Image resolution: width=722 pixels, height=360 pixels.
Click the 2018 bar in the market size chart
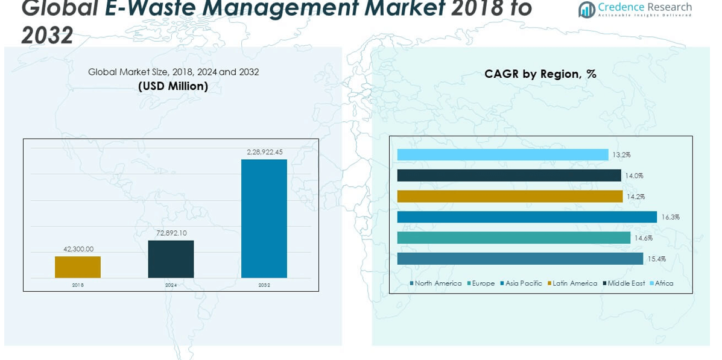(x=78, y=267)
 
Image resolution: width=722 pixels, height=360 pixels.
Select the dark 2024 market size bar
(x=171, y=259)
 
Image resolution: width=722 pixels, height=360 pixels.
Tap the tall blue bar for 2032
(x=264, y=218)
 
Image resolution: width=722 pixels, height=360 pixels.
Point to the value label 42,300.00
(x=78, y=249)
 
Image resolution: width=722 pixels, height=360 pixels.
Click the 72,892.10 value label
(x=171, y=233)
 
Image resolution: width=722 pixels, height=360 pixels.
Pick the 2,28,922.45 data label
(x=264, y=152)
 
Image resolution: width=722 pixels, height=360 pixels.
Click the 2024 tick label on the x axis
(x=171, y=285)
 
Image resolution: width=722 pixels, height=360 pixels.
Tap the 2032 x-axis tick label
(x=264, y=285)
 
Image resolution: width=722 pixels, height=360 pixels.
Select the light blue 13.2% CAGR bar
(x=502, y=155)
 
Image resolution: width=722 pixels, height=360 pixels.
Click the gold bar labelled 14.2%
(x=510, y=197)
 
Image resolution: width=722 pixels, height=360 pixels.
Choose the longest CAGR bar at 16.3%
(x=527, y=217)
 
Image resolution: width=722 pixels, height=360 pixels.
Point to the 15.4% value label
(x=657, y=259)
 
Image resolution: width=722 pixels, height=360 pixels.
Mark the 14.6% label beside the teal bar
(x=644, y=238)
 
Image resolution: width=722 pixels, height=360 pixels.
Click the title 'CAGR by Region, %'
(x=540, y=74)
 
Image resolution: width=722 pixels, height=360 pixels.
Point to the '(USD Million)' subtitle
(x=173, y=86)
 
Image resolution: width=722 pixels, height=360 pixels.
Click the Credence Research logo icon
(x=586, y=10)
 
